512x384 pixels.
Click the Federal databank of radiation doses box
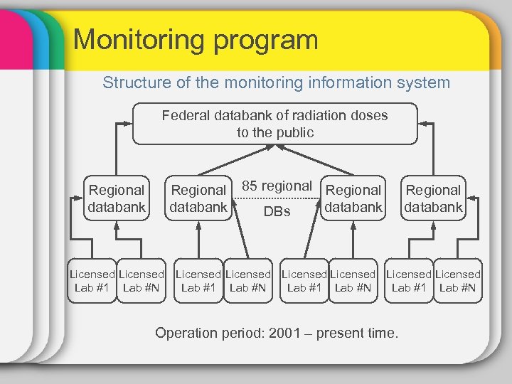(274, 124)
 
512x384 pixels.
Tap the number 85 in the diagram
(250, 186)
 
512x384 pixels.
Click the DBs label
(277, 211)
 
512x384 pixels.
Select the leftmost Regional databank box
(117, 198)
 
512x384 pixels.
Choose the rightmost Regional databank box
(433, 198)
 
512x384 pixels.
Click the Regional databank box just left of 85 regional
(198, 198)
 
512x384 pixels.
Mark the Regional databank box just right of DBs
(353, 198)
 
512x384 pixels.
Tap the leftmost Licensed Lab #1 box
(92, 281)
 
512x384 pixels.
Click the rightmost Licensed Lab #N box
(458, 281)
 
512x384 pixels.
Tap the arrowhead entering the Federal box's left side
(129, 124)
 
